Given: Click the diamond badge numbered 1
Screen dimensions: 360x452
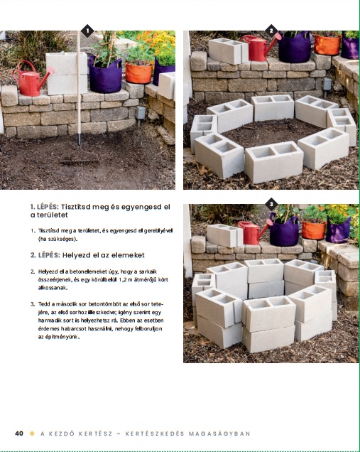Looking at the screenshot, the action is click(x=87, y=31).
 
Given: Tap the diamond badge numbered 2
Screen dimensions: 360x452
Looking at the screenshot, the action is click(x=271, y=31).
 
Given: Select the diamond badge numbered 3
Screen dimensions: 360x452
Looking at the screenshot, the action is click(x=271, y=205).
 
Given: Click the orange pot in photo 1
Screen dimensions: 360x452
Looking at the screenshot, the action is click(x=138, y=73).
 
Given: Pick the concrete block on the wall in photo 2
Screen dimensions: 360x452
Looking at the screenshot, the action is click(x=228, y=51).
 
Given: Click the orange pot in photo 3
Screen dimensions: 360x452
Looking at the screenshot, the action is click(x=314, y=230).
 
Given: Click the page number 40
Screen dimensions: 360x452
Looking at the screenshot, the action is click(x=19, y=434).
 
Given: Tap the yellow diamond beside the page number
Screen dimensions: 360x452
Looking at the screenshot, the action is click(x=32, y=434).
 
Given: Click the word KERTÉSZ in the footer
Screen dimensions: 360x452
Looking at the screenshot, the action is click(x=95, y=434).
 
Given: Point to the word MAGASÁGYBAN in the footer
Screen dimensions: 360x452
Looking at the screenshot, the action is click(x=219, y=434).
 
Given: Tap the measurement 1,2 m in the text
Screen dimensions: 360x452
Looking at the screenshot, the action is click(x=126, y=279).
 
